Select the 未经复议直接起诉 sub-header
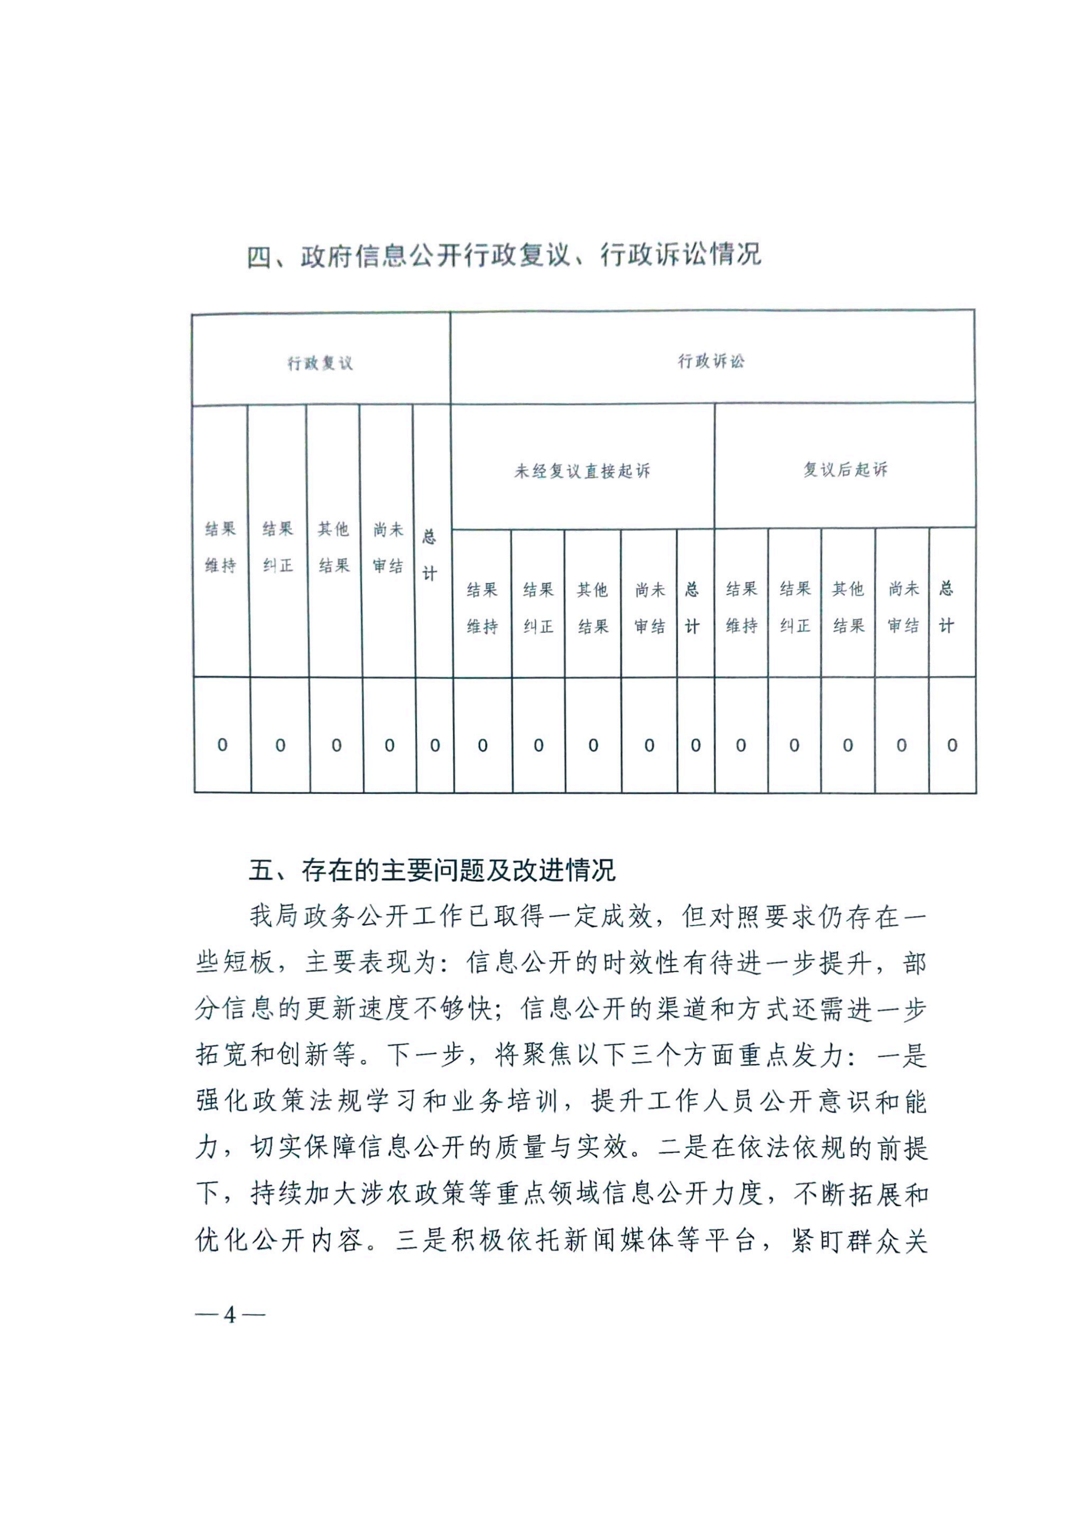582,471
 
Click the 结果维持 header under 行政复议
220,547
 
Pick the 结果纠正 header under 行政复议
278,547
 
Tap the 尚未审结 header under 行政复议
388,547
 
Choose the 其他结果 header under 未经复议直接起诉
593,607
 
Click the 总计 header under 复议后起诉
946,606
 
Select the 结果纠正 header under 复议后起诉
794,607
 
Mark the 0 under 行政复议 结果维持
222,744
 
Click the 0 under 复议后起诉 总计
952,744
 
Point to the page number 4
230,1314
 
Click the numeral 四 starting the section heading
260,256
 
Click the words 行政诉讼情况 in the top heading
681,255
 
